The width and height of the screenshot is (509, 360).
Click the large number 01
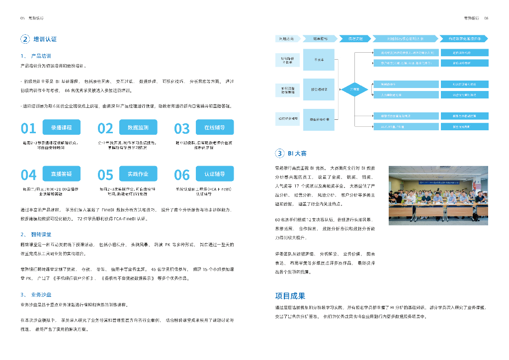[x=28, y=129]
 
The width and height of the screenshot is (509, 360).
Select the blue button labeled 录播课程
[x=61, y=128]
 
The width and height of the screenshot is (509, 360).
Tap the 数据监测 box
[x=138, y=128]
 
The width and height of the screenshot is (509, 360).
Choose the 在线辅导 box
[x=214, y=128]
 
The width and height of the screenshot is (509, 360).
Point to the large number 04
[x=28, y=175]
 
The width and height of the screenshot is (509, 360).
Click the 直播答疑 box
[x=61, y=174]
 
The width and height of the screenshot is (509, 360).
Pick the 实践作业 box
[x=138, y=174]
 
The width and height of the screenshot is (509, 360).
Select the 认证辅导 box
[x=214, y=174]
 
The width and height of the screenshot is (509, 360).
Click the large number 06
[x=182, y=175]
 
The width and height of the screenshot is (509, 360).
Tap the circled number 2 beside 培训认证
[x=25, y=39]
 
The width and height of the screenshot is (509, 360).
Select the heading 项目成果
[x=290, y=296]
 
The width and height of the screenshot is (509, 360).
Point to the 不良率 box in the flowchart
[x=319, y=60]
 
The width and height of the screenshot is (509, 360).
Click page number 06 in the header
[x=486, y=18]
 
